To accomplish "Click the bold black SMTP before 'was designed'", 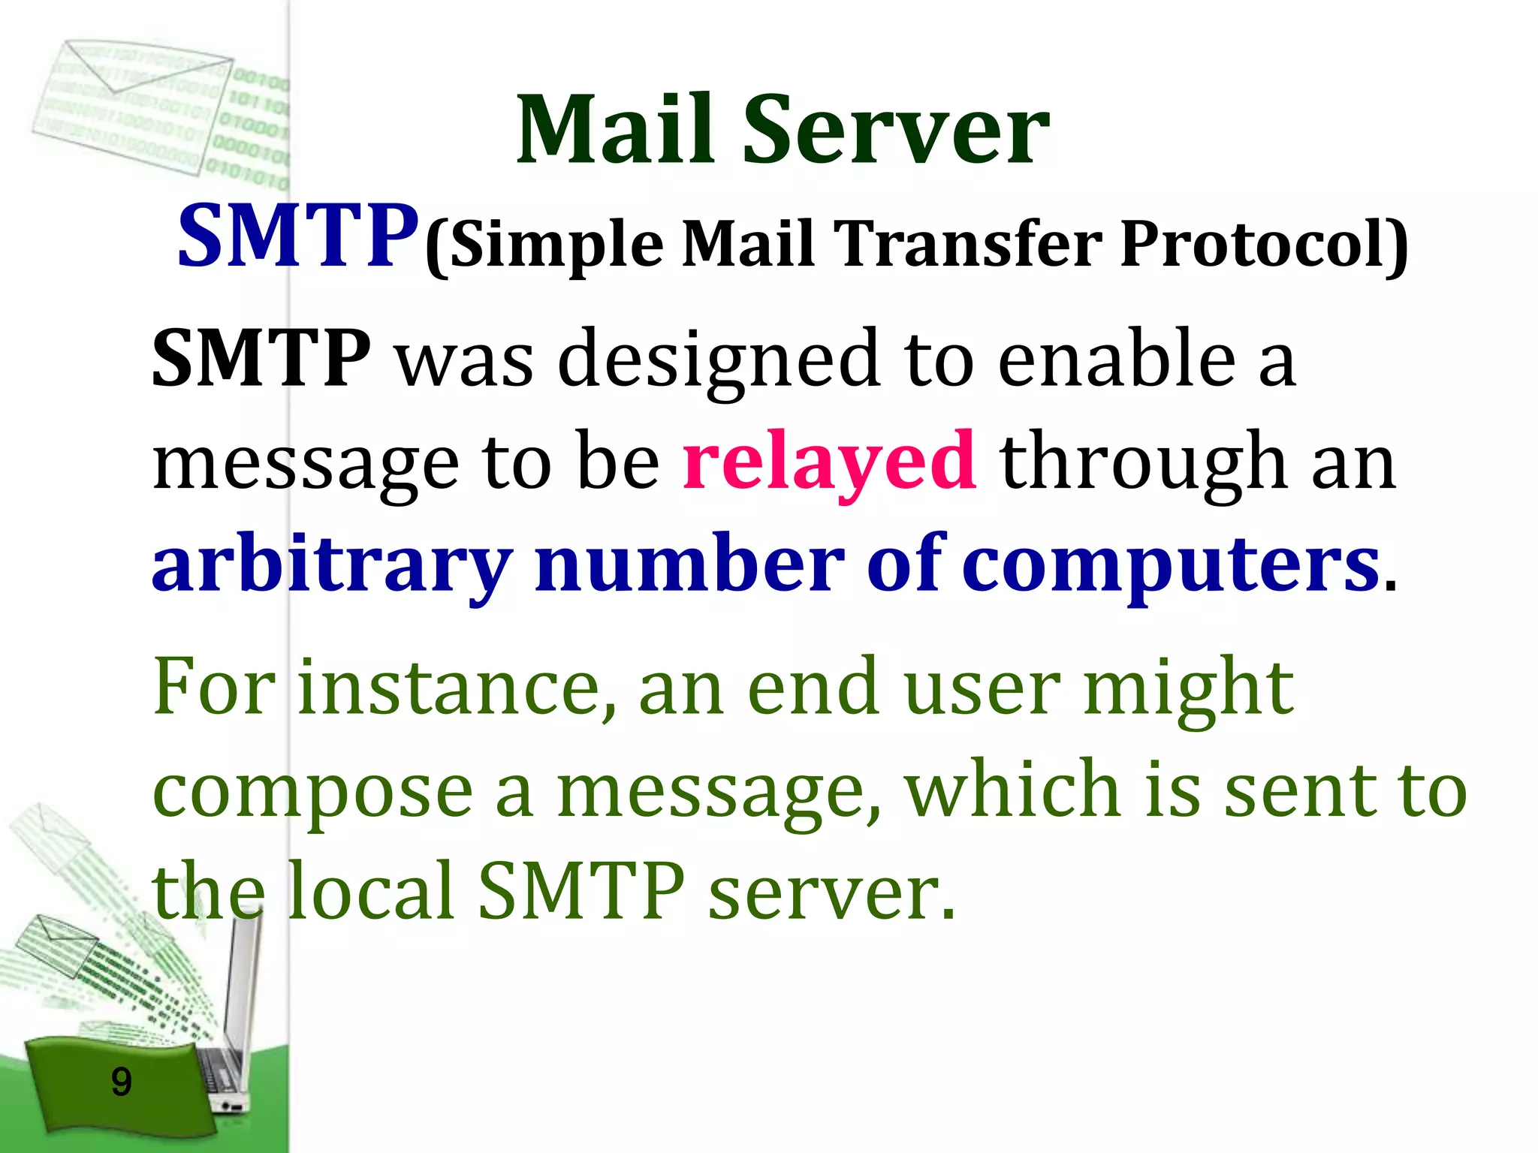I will click(x=261, y=359).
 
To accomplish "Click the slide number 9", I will click(x=121, y=1082).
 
